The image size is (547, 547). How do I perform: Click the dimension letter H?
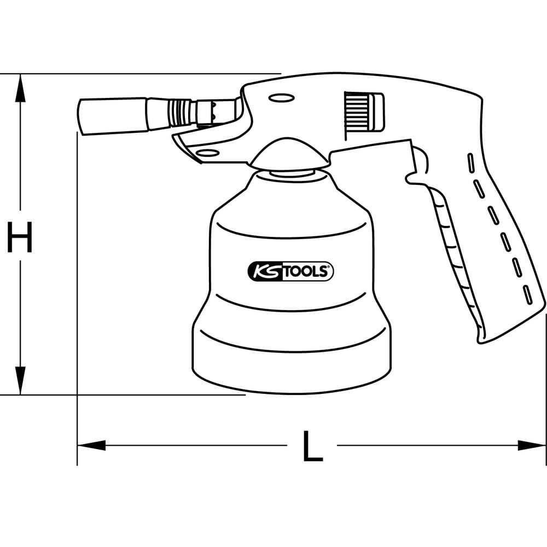[x=20, y=237]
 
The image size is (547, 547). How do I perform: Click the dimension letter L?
[x=312, y=446]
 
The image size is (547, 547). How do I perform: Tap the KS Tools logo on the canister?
[x=290, y=271]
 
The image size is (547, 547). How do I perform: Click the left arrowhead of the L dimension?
[x=91, y=445]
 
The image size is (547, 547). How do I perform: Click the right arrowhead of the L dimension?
[x=531, y=445]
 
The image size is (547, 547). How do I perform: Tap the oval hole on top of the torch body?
[x=282, y=98]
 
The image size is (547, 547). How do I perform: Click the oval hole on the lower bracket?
[x=208, y=153]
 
